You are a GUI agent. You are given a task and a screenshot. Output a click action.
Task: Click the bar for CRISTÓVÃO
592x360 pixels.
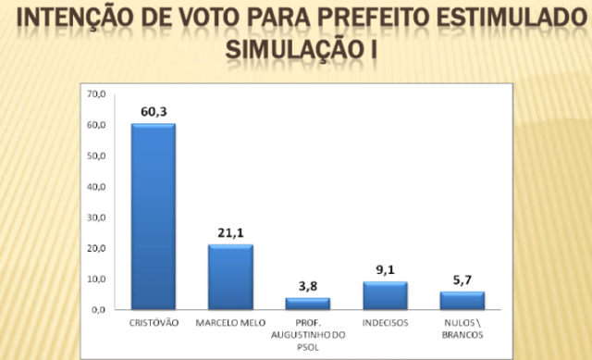pos(153,217)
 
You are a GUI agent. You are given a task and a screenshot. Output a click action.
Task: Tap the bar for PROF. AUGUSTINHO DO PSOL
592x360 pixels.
pos(307,304)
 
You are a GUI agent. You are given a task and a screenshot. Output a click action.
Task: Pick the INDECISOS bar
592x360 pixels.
pos(385,296)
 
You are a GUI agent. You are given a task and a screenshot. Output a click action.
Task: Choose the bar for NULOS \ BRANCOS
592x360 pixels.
pos(462,301)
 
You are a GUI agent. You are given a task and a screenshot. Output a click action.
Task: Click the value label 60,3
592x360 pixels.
pos(153,112)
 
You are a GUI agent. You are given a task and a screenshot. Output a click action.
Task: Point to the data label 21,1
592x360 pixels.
pos(230,233)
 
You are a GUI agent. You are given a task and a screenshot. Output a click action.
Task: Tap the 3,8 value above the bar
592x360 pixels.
pos(307,287)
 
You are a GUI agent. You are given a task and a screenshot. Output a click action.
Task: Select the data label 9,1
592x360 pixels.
pos(385,270)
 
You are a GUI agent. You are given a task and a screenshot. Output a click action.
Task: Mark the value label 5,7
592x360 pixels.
pos(462,280)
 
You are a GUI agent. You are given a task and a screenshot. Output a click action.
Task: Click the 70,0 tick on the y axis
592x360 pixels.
pos(97,94)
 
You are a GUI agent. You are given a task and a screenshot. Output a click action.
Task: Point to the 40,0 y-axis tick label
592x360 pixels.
pos(97,187)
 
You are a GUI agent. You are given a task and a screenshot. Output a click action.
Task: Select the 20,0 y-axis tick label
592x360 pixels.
pos(97,249)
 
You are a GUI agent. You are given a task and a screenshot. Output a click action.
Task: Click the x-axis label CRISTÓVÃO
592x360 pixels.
pos(153,323)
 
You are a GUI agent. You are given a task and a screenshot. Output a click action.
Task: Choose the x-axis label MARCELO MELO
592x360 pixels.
pos(230,323)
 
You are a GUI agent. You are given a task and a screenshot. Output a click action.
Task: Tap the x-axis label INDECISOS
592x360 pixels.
pos(385,323)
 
